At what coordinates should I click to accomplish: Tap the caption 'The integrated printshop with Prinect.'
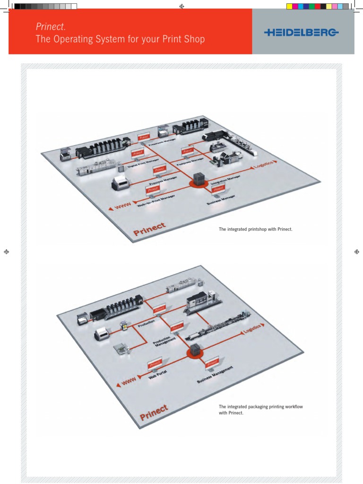click(255, 229)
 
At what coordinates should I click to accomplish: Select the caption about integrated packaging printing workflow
click(254, 409)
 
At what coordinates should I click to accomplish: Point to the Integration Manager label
click(223, 180)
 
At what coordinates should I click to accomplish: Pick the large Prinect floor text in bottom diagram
click(154, 412)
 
